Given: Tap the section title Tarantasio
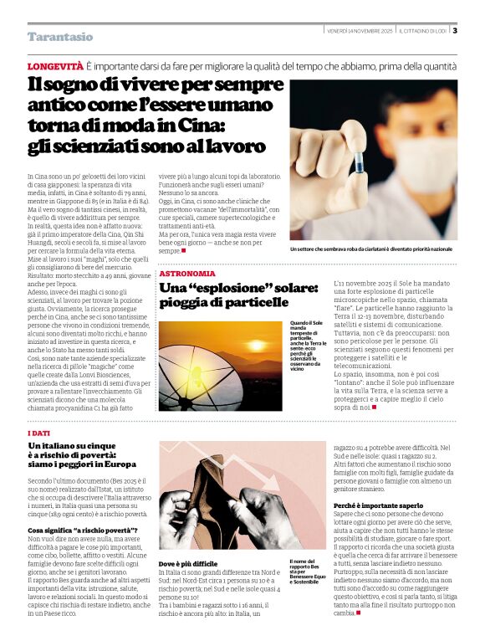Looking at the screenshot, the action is point(60,37).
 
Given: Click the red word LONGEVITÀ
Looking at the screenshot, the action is point(55,65).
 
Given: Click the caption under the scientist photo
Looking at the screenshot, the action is point(370,249).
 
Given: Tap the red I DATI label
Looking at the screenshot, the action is point(39,433).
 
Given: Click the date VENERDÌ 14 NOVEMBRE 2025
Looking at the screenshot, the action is point(360,31).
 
